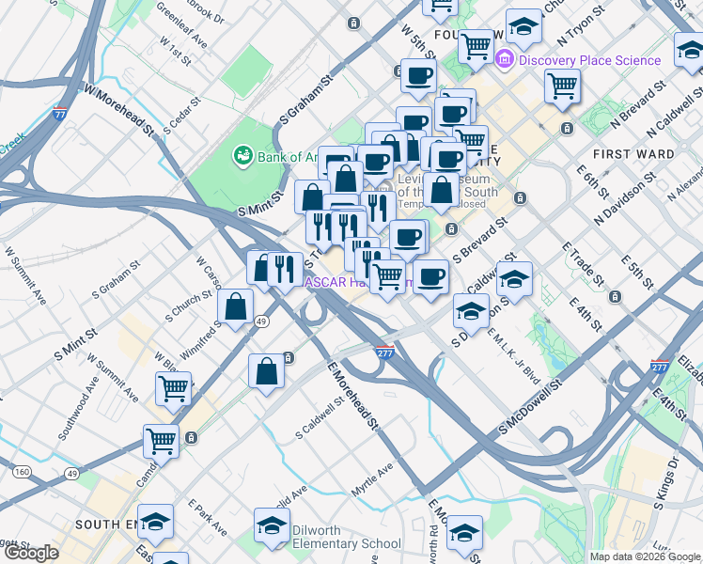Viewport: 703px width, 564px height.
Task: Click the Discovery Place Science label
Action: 589,60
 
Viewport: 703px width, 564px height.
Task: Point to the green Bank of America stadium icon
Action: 242,154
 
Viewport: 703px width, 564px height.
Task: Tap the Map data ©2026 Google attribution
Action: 645,556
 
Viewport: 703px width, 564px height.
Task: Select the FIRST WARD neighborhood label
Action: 633,153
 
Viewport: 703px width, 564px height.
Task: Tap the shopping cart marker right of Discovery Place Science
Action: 562,86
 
